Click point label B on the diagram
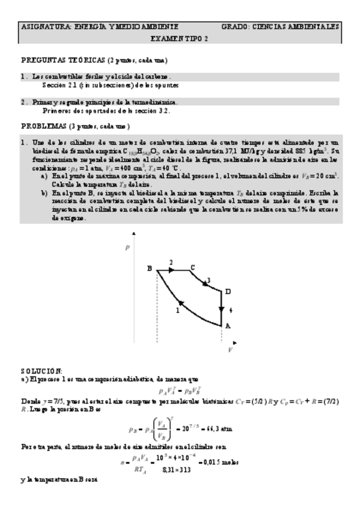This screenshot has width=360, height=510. tap(149, 268)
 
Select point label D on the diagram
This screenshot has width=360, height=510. tap(227, 291)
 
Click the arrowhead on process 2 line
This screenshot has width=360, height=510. tap(172, 270)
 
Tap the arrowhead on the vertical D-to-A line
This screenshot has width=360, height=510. tap(221, 309)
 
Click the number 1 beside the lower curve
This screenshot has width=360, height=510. tap(178, 310)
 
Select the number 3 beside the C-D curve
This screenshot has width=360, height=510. tap(209, 279)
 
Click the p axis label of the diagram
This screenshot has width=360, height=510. tap(127, 247)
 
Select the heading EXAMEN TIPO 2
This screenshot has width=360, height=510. tap(179, 38)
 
